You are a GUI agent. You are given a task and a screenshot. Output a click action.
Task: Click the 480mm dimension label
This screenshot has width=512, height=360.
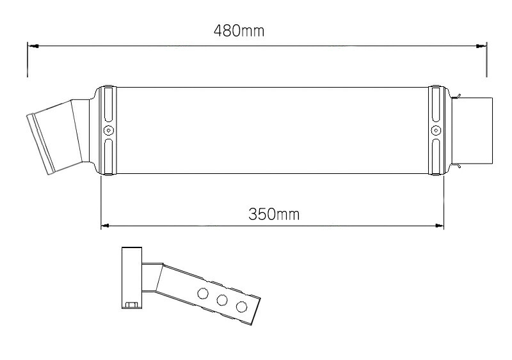click(x=238, y=30)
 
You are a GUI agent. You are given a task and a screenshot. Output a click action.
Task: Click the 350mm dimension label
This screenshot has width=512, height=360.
click(x=273, y=214)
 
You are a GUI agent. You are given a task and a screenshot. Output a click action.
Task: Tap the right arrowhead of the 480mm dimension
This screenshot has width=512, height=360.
click(x=481, y=46)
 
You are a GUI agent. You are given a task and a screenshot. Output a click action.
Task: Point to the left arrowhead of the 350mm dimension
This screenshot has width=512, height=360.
click(x=106, y=225)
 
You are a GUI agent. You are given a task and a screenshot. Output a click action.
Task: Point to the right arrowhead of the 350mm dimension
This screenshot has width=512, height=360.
click(x=440, y=225)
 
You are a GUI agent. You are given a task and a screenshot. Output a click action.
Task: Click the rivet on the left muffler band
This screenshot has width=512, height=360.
click(x=109, y=130)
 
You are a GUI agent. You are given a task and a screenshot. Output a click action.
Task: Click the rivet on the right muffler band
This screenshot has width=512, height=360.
click(x=436, y=130)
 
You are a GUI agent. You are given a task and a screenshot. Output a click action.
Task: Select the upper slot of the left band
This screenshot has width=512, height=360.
click(x=109, y=106)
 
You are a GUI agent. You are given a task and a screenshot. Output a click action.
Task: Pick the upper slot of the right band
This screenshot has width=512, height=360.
click(x=436, y=106)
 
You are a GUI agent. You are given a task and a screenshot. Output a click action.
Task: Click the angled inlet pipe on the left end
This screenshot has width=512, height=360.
click(x=54, y=137)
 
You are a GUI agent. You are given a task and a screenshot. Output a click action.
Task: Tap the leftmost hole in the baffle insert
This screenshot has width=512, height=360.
click(x=204, y=293)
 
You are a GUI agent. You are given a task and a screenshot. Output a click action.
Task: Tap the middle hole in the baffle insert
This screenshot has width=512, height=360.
click(x=223, y=300)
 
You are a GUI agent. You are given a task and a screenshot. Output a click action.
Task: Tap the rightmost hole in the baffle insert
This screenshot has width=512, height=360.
click(x=241, y=306)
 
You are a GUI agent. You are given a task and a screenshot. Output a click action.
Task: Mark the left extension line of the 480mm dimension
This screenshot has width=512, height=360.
click(x=28, y=61)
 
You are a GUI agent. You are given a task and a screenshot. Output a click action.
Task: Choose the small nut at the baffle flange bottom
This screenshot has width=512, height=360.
click(x=132, y=304)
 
